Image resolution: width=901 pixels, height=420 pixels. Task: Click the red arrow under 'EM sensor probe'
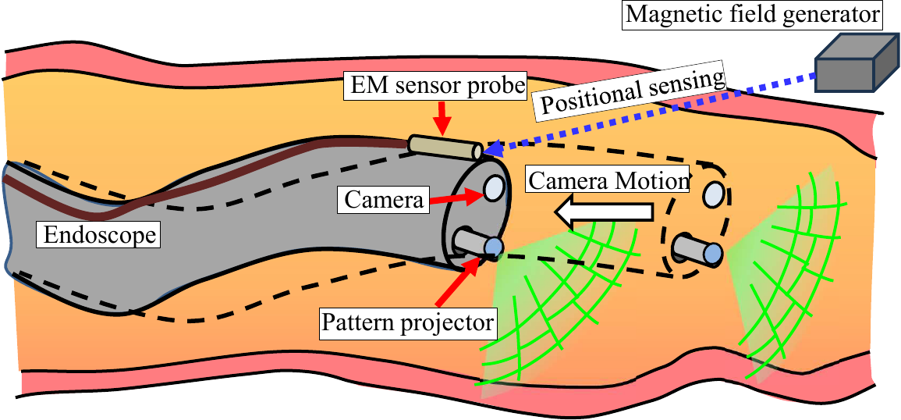[x=443, y=119]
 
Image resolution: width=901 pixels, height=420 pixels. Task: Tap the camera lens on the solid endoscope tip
[x=494, y=187]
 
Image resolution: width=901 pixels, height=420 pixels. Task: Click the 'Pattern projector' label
[x=407, y=320]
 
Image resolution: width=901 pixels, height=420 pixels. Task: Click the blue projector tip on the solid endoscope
[x=493, y=247]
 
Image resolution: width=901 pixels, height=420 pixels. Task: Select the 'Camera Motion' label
[x=608, y=180]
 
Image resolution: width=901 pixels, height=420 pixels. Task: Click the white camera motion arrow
[x=605, y=212]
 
